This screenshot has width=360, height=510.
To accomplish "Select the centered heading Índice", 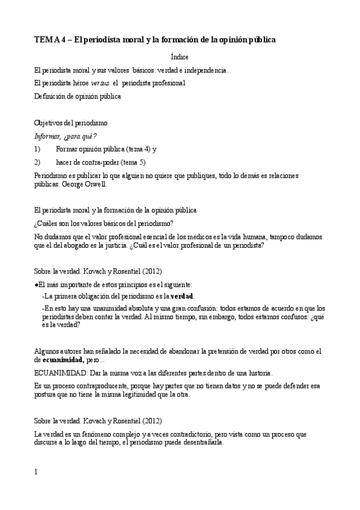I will (180, 57).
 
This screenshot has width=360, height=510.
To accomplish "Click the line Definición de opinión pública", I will (78, 95).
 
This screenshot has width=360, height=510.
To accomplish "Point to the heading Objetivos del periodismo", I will (71, 123).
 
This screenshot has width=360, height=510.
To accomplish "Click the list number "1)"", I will (37, 149).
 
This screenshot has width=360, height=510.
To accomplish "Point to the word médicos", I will (198, 235).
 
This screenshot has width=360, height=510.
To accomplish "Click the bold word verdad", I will (182, 296).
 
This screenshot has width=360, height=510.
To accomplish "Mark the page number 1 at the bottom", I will (36, 472).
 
